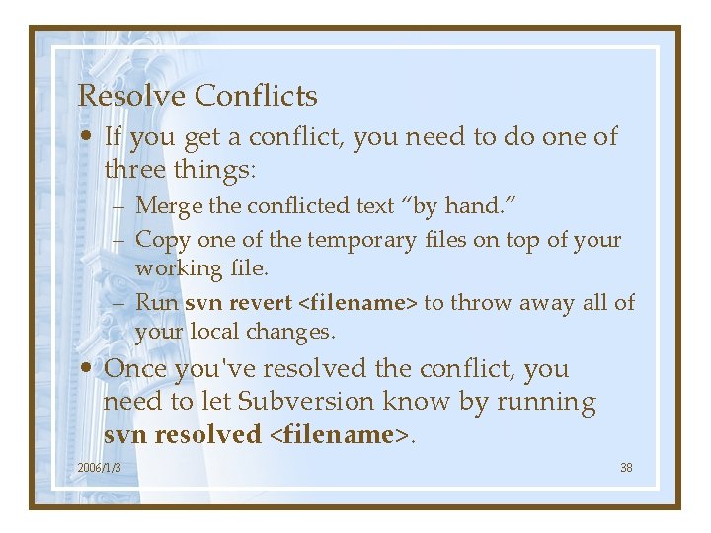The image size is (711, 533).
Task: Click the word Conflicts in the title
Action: [256, 96]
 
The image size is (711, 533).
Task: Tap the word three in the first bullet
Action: [134, 169]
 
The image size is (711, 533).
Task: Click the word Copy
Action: [163, 239]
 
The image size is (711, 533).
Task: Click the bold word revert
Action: [261, 302]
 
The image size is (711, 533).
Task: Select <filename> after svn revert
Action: [357, 302]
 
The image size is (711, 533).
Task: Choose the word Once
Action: [135, 369]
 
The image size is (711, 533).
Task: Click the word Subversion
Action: [302, 402]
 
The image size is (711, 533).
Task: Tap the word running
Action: [547, 402]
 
